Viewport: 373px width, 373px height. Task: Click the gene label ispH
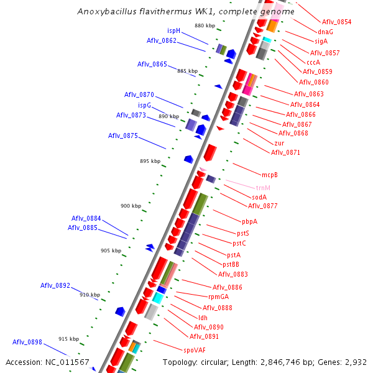173,30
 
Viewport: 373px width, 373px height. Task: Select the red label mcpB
269,175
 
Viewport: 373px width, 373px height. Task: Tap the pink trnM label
263,188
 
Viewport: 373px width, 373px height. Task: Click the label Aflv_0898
27,343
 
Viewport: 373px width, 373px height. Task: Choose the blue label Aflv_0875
123,136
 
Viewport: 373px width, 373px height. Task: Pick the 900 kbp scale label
131,206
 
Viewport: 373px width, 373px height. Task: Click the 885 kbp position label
187,71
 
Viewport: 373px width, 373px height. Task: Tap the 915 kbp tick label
68,339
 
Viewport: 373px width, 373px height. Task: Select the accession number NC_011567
68,362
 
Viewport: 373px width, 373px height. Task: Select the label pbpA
249,221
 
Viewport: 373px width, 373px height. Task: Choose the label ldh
203,318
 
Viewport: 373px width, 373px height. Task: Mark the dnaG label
325,31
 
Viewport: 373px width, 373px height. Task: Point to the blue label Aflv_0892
55,286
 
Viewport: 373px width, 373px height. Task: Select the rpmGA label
218,297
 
